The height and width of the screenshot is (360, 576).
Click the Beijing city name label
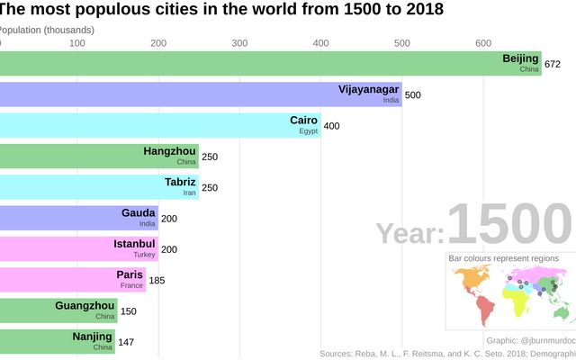pyautogui.click(x=520, y=59)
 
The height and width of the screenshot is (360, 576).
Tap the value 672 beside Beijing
pyautogui.click(x=553, y=65)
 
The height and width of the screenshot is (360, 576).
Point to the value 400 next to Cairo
pyautogui.click(x=331, y=126)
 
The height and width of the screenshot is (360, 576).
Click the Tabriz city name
pyautogui.click(x=180, y=182)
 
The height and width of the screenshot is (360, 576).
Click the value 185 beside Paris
pyautogui.click(x=157, y=280)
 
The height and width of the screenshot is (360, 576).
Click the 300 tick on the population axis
pyautogui.click(x=239, y=43)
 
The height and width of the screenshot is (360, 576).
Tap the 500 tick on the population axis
pyautogui.click(x=401, y=43)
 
